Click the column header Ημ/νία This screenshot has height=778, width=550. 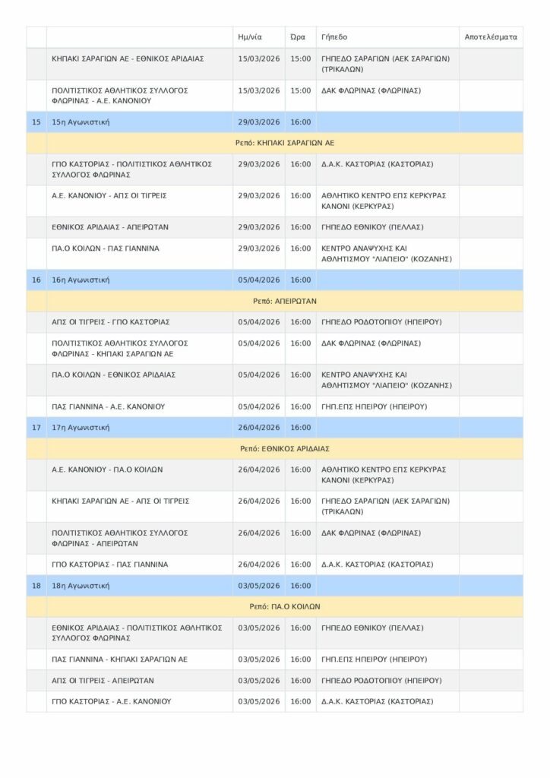(x=250, y=36)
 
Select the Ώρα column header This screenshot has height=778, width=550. (x=298, y=36)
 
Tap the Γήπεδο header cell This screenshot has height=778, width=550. (x=334, y=36)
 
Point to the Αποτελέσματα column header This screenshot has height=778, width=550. (x=490, y=36)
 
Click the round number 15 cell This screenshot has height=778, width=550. (x=36, y=122)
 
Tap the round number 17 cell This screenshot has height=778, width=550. (x=36, y=428)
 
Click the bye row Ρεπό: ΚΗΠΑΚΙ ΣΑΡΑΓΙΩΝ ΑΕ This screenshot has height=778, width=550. (x=285, y=143)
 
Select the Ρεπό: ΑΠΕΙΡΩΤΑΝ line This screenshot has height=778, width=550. (x=285, y=301)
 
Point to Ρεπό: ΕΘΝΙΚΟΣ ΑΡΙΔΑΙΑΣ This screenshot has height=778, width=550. (x=285, y=449)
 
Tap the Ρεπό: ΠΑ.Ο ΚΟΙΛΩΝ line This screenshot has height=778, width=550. (x=285, y=607)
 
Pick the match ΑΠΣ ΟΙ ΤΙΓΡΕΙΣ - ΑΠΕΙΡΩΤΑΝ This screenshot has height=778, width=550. (x=103, y=681)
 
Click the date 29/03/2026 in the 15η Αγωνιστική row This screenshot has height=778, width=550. (x=259, y=122)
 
